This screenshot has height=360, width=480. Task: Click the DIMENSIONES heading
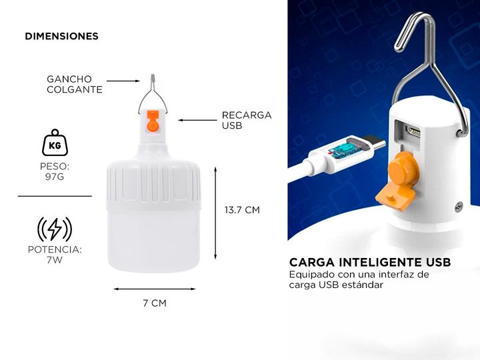click(61, 36)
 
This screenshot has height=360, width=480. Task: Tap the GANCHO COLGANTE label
click(75, 84)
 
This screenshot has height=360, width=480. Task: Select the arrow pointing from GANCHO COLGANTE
click(123, 81)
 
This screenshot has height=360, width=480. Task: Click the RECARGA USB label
click(247, 120)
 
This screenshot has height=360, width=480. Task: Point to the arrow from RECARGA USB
click(197, 120)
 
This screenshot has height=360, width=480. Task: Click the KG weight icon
click(55, 143)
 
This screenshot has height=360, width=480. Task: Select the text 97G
click(55, 177)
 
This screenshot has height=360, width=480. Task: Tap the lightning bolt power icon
click(55, 229)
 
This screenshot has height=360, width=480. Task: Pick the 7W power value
click(55, 260)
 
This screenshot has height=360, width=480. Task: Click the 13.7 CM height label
click(242, 210)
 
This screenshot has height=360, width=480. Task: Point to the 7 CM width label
click(155, 303)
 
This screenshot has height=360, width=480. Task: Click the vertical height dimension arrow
click(215, 213)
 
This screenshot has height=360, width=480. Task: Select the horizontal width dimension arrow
click(155, 289)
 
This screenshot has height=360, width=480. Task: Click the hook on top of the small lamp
click(153, 93)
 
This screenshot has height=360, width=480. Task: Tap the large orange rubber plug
click(398, 181)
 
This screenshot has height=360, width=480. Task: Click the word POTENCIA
click(55, 249)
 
